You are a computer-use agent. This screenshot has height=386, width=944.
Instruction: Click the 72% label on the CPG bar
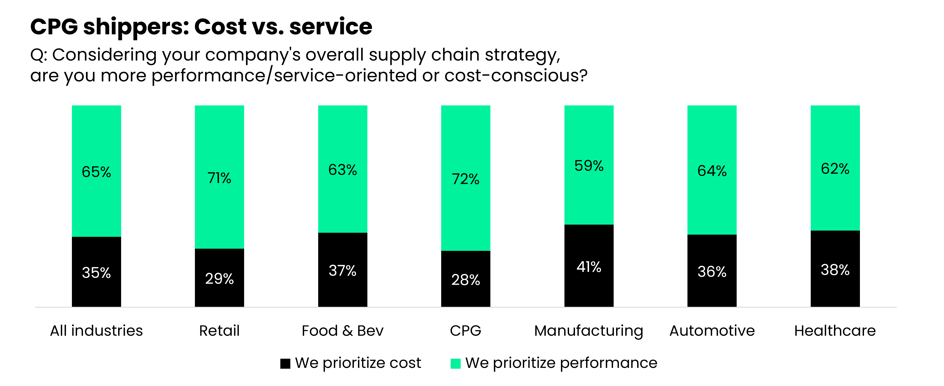(466, 179)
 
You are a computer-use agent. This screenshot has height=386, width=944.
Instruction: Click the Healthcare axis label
(835, 331)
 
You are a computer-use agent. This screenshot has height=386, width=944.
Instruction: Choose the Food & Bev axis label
(342, 331)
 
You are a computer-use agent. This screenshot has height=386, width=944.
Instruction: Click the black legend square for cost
(285, 363)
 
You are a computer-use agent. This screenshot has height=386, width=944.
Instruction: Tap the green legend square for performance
(455, 363)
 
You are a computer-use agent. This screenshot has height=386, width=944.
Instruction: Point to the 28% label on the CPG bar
(466, 280)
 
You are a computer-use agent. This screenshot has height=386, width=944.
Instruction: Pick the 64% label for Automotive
(712, 171)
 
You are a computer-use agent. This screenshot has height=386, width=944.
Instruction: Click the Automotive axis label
(712, 331)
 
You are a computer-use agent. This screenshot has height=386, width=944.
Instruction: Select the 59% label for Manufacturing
(589, 166)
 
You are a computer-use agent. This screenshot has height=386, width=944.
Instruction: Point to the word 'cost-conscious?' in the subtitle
(516, 75)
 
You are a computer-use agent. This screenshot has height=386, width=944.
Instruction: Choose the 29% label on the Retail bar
(219, 279)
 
